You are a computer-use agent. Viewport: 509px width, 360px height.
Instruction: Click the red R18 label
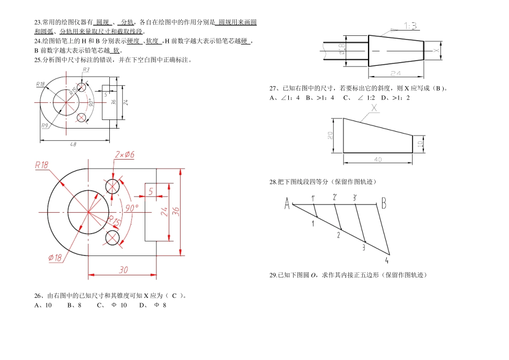[x=41, y=165]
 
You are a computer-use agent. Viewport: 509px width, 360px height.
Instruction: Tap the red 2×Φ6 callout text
[x=124, y=154]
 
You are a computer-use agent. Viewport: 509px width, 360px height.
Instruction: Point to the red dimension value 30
[x=123, y=270]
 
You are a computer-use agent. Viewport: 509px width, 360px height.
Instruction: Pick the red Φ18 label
[x=55, y=258]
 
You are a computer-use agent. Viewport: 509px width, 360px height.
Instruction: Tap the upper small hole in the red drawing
[x=113, y=186]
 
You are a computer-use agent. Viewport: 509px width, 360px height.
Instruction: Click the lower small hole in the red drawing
[x=113, y=237]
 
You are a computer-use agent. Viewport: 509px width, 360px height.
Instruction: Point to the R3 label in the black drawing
[x=86, y=70]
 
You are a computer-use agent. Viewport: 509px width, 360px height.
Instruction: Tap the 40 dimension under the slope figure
[x=378, y=159]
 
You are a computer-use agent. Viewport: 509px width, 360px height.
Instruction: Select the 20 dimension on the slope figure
[x=330, y=136]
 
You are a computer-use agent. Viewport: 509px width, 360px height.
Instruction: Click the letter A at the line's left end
[x=287, y=203]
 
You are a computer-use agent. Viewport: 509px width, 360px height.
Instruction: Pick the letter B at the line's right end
[x=384, y=202]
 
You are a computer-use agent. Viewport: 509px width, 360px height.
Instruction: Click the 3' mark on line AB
[x=355, y=197]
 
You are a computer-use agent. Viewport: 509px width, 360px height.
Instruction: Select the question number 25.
[x=37, y=60]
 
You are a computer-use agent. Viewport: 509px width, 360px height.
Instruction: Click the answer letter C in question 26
[x=174, y=295]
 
